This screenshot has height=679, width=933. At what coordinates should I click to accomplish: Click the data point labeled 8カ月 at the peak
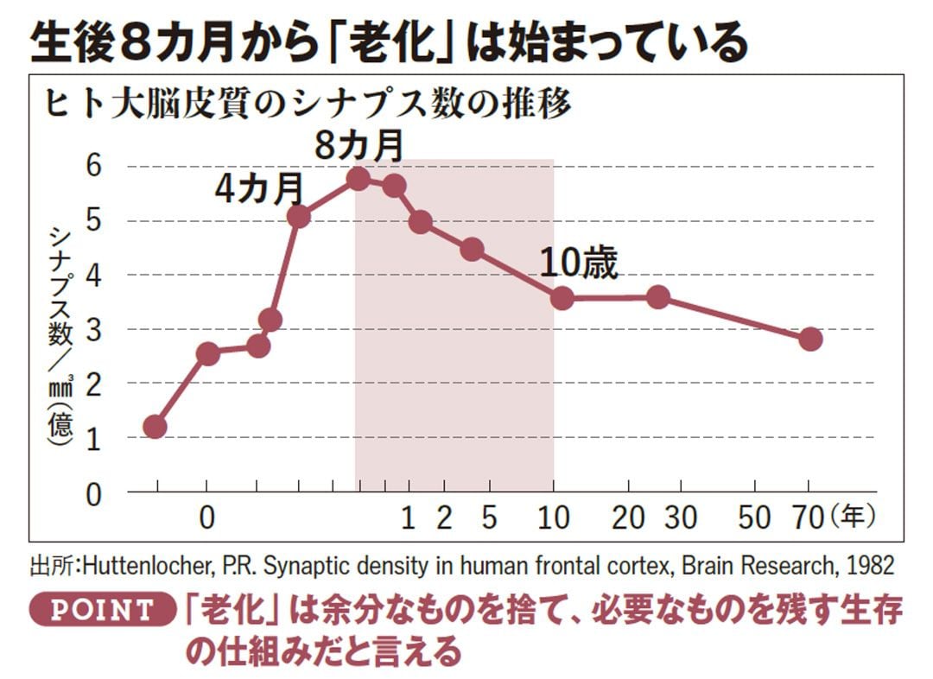tap(359, 179)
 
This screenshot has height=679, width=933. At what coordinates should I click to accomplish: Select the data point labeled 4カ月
tap(298, 217)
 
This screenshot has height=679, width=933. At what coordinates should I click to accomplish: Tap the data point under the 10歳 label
tap(562, 299)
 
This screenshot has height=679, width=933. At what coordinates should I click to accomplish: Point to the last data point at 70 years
tap(809, 339)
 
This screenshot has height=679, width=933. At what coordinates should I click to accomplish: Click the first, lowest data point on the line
tap(155, 427)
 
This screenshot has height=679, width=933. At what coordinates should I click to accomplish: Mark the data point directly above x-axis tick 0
tap(207, 353)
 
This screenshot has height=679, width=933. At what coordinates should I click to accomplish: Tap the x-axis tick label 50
tap(754, 517)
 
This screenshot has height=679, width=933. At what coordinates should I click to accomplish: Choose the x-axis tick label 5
tap(489, 517)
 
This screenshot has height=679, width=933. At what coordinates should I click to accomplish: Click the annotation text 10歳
tap(579, 264)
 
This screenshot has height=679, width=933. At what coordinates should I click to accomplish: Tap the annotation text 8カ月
tap(359, 146)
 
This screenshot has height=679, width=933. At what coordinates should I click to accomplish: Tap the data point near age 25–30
tap(658, 297)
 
